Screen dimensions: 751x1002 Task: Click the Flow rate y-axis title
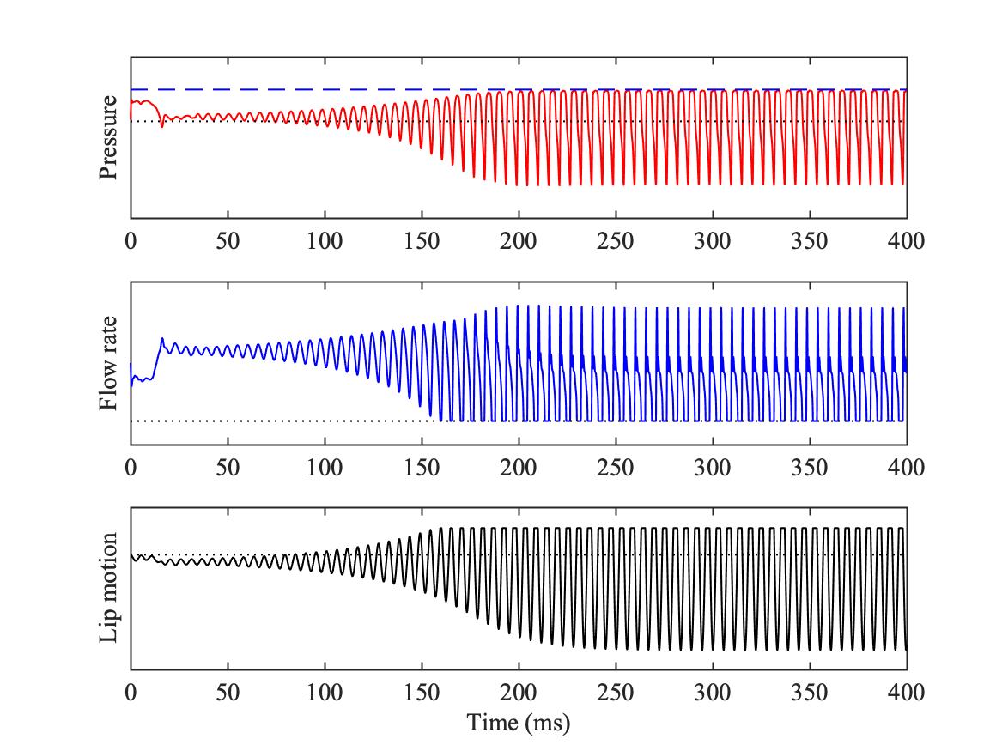(x=108, y=364)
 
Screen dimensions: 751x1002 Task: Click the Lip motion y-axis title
(x=108, y=589)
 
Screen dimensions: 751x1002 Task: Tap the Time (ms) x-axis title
(x=519, y=723)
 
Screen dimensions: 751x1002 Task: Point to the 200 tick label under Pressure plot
(x=519, y=241)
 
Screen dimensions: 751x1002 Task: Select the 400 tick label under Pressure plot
(x=906, y=241)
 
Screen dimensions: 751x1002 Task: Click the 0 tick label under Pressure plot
(x=131, y=241)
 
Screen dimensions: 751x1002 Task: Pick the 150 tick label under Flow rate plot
(x=422, y=468)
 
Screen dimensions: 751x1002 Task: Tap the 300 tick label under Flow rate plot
(x=713, y=468)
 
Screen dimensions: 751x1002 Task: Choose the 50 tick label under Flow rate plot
(x=228, y=468)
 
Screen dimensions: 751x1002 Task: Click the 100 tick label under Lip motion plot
(x=325, y=693)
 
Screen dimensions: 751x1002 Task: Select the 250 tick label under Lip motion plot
(x=616, y=693)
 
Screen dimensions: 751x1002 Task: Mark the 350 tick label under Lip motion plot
(x=810, y=693)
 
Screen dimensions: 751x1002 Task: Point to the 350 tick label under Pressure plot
(x=810, y=241)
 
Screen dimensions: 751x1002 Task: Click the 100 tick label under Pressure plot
(x=325, y=241)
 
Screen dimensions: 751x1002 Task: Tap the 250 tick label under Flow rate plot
(x=616, y=468)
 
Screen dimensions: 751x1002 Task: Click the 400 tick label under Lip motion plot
(x=906, y=693)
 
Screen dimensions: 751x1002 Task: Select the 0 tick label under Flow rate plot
(x=131, y=468)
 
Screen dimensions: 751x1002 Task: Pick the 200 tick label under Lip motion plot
(x=519, y=693)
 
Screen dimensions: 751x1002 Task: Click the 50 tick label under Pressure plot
(x=228, y=241)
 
